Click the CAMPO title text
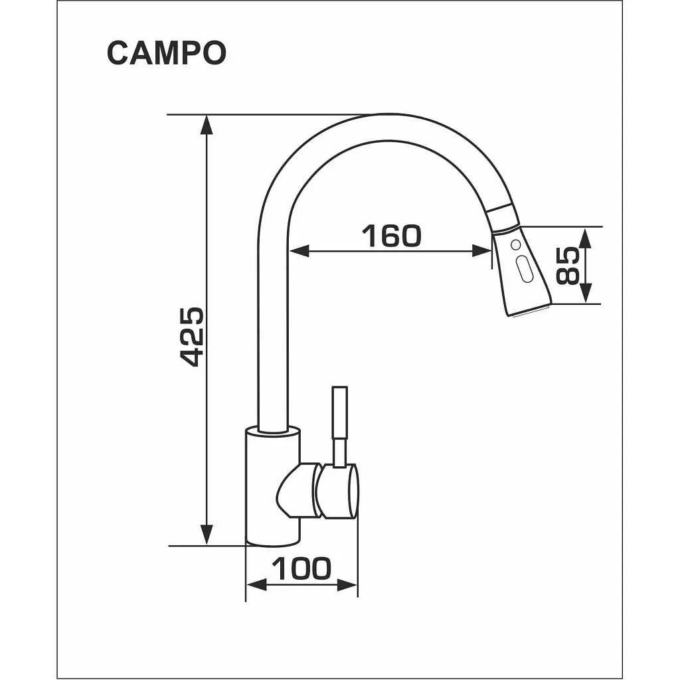click(167, 53)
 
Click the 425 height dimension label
click(191, 337)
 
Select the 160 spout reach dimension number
click(391, 236)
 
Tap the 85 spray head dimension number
click(567, 266)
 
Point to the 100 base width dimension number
click(301, 568)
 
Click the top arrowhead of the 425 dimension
click(207, 125)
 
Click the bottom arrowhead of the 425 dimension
click(207, 535)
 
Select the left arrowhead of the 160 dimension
click(299, 250)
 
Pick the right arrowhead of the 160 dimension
click(482, 250)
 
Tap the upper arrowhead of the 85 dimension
click(586, 238)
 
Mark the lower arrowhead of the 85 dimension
click(586, 293)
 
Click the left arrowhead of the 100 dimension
click(256, 584)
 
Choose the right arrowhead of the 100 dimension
click(347, 584)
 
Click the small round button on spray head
click(515, 244)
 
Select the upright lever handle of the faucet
click(339, 426)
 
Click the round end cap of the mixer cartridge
click(337, 491)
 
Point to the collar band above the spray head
click(503, 217)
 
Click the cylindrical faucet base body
click(273, 485)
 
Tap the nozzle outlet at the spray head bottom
click(529, 311)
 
